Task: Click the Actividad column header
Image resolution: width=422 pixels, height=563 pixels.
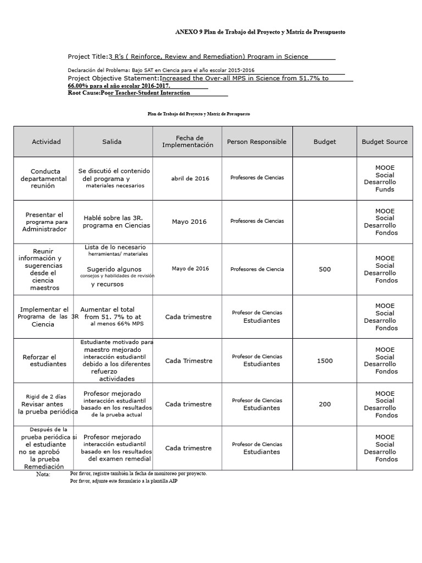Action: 46,142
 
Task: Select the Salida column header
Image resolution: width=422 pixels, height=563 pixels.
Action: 112,142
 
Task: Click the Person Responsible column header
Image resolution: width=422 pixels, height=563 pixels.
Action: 257,142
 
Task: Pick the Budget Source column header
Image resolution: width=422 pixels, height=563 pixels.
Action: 385,142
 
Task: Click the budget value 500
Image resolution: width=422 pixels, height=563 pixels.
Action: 325,269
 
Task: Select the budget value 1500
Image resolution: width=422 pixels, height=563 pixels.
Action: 325,361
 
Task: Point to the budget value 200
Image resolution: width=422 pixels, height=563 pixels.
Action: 325,404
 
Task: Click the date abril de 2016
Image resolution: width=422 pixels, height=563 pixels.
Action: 190,178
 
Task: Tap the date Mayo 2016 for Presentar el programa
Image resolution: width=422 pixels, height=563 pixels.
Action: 189,222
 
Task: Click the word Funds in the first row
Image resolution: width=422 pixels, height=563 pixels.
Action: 385,190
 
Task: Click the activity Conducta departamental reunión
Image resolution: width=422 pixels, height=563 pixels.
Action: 46,179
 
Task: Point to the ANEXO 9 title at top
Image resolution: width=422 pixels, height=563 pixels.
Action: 260,32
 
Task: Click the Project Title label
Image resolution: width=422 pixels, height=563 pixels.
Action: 87,57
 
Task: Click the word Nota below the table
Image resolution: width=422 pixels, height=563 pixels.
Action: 43,474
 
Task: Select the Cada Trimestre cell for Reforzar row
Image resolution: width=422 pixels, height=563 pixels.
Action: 188,361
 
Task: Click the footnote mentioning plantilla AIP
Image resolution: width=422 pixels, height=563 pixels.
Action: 124,481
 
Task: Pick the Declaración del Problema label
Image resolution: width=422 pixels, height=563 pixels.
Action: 99,70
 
